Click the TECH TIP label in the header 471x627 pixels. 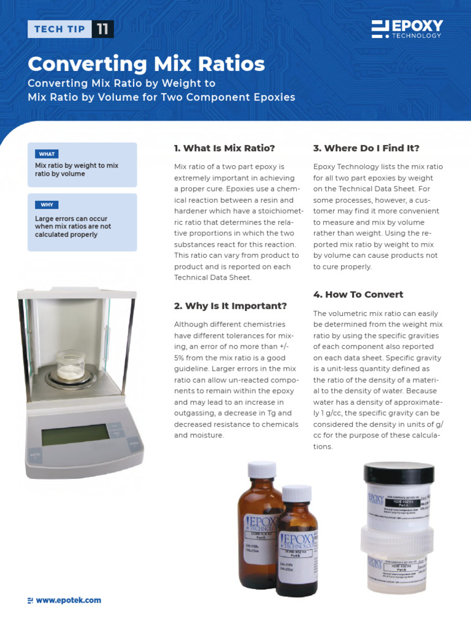click(x=59, y=29)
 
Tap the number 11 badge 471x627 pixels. click(x=102, y=29)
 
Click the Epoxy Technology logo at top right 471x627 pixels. click(x=407, y=29)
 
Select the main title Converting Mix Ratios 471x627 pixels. click(x=147, y=64)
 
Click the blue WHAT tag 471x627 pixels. click(x=47, y=154)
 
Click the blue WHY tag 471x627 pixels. click(x=47, y=205)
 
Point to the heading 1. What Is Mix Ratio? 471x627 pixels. click(x=224, y=148)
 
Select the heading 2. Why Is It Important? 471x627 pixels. click(x=231, y=306)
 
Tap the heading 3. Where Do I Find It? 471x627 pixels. click(x=366, y=148)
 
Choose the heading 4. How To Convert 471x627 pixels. click(x=358, y=295)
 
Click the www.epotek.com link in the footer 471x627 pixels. click(x=68, y=601)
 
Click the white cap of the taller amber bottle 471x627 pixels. click(x=262, y=470)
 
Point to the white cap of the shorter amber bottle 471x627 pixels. click(x=297, y=494)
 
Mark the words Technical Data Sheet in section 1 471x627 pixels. click(x=213, y=277)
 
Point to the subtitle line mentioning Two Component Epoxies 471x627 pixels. click(x=161, y=97)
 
